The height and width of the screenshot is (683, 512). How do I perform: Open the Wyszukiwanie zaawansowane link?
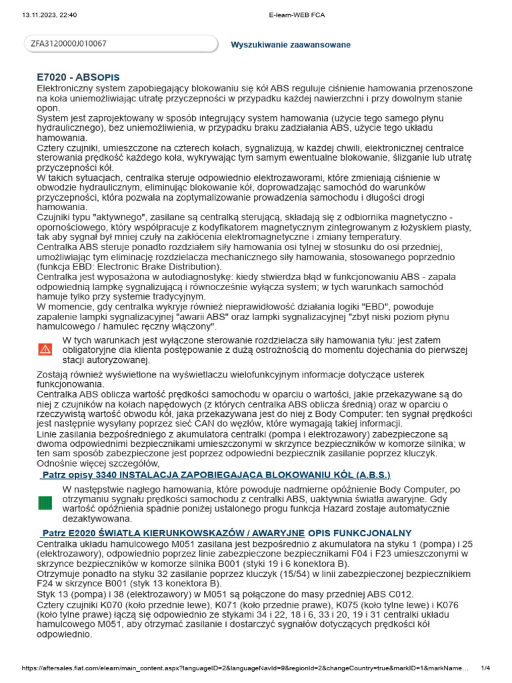(290, 45)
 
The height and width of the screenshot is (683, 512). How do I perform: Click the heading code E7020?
(55, 77)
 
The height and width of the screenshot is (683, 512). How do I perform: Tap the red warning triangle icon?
(45, 349)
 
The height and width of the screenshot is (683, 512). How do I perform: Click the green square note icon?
(45, 504)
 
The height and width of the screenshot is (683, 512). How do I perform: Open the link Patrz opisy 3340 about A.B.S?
(215, 474)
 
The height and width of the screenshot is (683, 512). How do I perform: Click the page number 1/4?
(486, 668)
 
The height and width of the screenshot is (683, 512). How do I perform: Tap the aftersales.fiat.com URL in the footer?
(247, 668)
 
